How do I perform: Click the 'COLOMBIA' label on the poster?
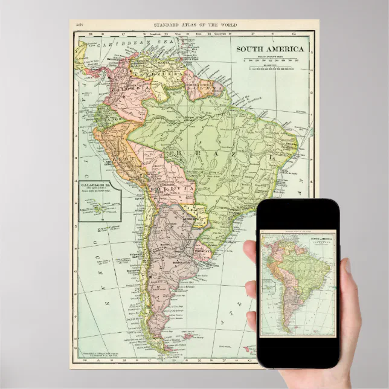coord(124,92)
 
